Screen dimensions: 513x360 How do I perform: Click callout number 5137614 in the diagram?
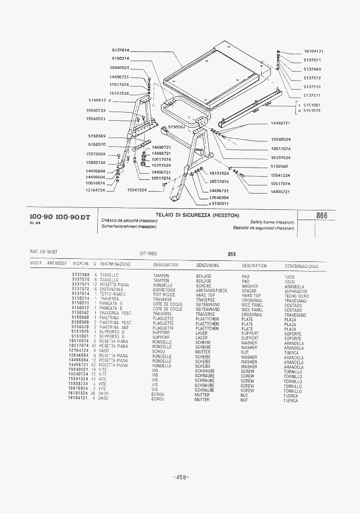[x=120, y=50]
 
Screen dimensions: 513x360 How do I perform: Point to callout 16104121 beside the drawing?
[x=314, y=51]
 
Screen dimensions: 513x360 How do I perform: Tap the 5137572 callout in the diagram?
[x=312, y=78]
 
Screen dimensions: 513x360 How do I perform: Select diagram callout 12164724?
[x=95, y=190]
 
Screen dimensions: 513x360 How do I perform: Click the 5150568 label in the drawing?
[x=279, y=166]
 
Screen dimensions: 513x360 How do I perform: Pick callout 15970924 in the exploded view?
[x=96, y=154]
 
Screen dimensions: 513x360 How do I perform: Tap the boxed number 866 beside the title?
[x=321, y=215]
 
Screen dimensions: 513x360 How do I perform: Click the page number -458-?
[x=181, y=477]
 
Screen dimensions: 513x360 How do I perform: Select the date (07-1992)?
[x=148, y=253]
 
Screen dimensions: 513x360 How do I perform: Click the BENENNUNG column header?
[x=207, y=265]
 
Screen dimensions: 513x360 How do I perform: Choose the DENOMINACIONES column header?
[x=301, y=266]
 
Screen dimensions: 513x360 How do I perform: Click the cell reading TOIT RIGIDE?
[x=163, y=294]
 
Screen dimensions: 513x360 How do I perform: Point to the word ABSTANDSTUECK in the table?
[x=211, y=290]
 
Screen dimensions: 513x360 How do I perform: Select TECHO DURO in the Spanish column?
[x=296, y=296]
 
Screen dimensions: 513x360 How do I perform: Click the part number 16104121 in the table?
[x=78, y=397]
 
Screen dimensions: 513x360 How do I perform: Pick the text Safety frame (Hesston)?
[x=272, y=222]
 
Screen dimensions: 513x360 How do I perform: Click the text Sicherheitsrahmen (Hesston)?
[x=128, y=227]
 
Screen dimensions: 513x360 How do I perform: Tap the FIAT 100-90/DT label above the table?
[x=44, y=252]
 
